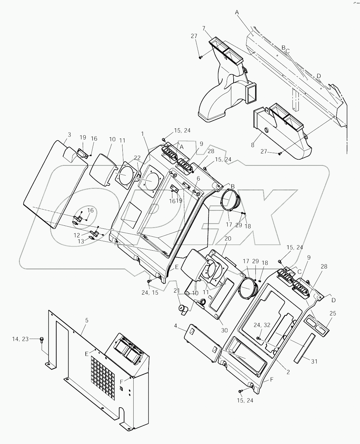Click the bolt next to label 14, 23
coord(42,339)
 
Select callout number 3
coord(69,135)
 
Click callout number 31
coord(314,362)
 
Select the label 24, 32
coord(262,325)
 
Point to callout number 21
coord(177,290)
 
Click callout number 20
coord(228,238)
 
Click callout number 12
coord(77,235)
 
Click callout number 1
coord(143,134)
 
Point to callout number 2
coord(288,372)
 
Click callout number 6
coord(198,179)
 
